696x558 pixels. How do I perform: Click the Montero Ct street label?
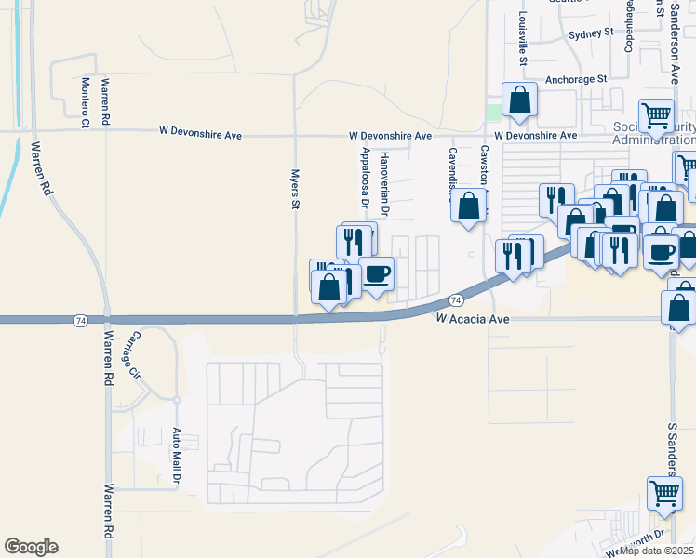(85, 101)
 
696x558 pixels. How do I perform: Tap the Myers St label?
(295, 188)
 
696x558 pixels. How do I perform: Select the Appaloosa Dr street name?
(365, 177)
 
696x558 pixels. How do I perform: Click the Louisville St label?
(524, 38)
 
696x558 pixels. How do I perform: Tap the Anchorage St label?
(576, 80)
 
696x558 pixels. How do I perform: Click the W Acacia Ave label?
(474, 318)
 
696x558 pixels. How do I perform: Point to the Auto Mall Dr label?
(175, 457)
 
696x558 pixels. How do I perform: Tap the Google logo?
(31, 547)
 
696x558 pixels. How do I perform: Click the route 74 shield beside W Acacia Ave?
(456, 300)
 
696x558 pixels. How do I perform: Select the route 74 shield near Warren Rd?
(81, 320)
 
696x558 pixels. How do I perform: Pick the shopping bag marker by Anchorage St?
(519, 100)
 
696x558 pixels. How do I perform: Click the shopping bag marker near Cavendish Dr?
(469, 205)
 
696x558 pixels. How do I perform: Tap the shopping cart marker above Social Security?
(656, 115)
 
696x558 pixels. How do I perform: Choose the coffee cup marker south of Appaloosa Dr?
(376, 274)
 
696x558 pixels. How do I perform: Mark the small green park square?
(492, 113)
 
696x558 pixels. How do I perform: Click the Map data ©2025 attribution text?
(657, 551)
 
